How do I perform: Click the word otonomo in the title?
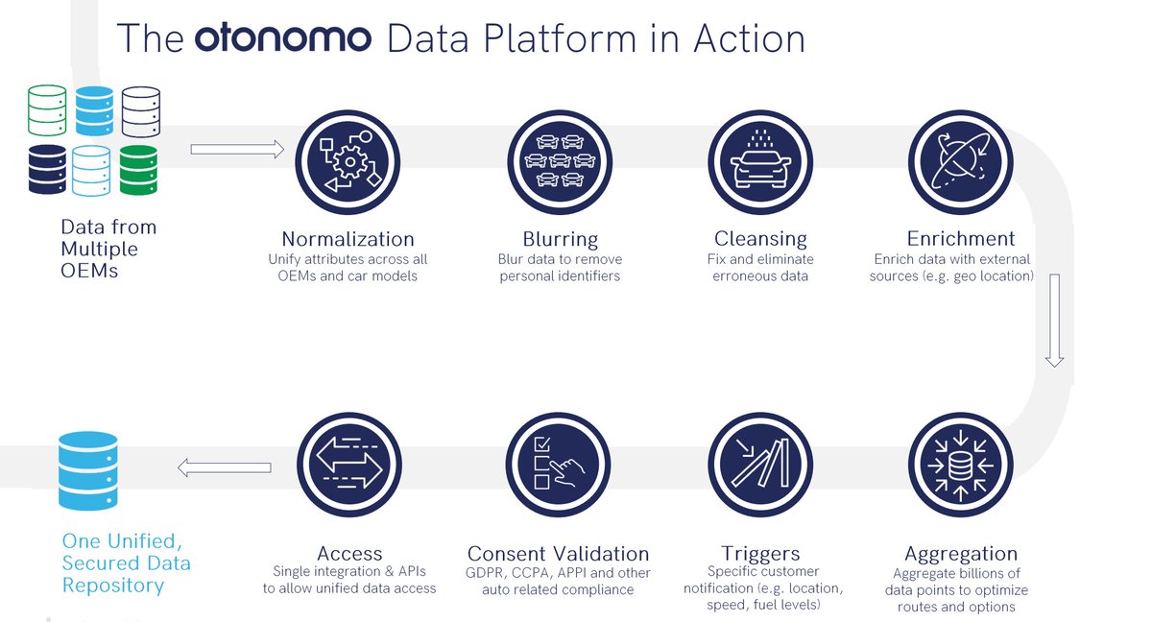coord(283,38)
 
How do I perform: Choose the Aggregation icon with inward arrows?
coord(960,465)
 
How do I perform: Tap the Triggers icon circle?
coord(760,465)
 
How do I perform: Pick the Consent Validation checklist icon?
coord(559,465)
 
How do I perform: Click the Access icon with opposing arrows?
coord(349,465)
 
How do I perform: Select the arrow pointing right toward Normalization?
coord(237,149)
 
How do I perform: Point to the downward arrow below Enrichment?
coord(1054,321)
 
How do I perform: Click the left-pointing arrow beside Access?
coord(224,467)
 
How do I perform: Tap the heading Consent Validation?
coord(558,554)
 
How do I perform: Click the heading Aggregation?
coord(960,554)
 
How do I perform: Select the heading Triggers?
coord(759,554)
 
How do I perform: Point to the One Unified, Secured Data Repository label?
coord(126,563)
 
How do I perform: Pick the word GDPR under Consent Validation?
coord(486,573)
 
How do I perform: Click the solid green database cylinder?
coord(138,170)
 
